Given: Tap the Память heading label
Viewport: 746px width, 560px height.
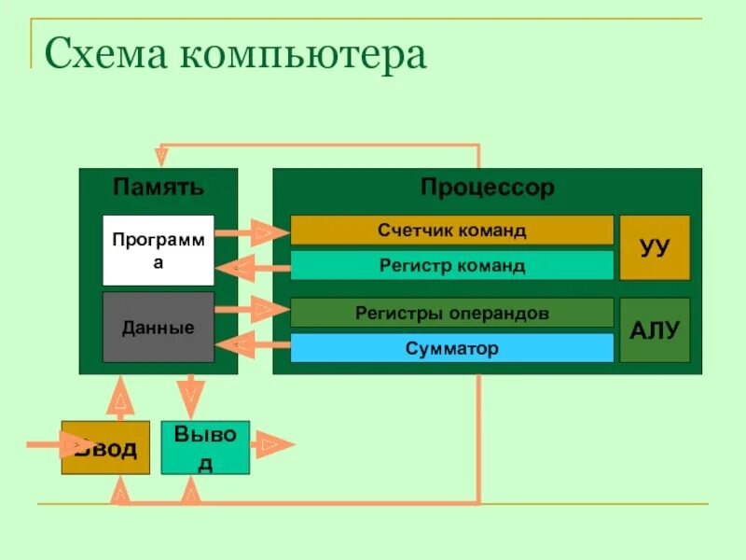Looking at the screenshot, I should [158, 187].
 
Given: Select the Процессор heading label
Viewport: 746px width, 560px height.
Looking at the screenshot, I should [487, 188].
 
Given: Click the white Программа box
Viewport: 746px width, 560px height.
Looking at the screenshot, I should [158, 250].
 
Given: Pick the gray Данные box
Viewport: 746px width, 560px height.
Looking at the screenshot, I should [158, 328].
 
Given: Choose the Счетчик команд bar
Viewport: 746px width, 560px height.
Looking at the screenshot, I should [451, 230].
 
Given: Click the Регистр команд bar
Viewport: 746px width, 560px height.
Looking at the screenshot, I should [451, 265].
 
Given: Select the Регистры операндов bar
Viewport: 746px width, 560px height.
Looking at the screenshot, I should [451, 313].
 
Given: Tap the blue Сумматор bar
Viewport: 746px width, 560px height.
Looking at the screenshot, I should [451, 348].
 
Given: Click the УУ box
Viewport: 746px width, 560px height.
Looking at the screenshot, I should [655, 247].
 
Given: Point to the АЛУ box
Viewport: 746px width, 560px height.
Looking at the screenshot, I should [655, 330].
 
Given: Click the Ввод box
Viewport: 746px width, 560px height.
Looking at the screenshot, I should [105, 448].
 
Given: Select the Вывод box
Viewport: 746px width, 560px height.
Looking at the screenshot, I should [205, 448].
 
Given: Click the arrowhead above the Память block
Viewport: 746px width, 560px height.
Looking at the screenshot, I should [162, 154].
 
